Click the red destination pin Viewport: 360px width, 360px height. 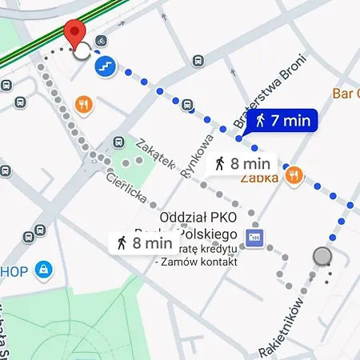coord(74,34)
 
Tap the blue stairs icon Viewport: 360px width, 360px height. coord(104,66)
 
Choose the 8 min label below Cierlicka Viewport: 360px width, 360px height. coord(142,242)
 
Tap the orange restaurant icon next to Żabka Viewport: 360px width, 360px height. coord(294,174)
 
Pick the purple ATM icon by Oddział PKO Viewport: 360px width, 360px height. coord(254,237)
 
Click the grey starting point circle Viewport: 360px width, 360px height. coord(322,256)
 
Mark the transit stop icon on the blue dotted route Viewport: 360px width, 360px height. coord(187,104)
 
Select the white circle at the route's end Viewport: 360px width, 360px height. coord(82,52)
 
